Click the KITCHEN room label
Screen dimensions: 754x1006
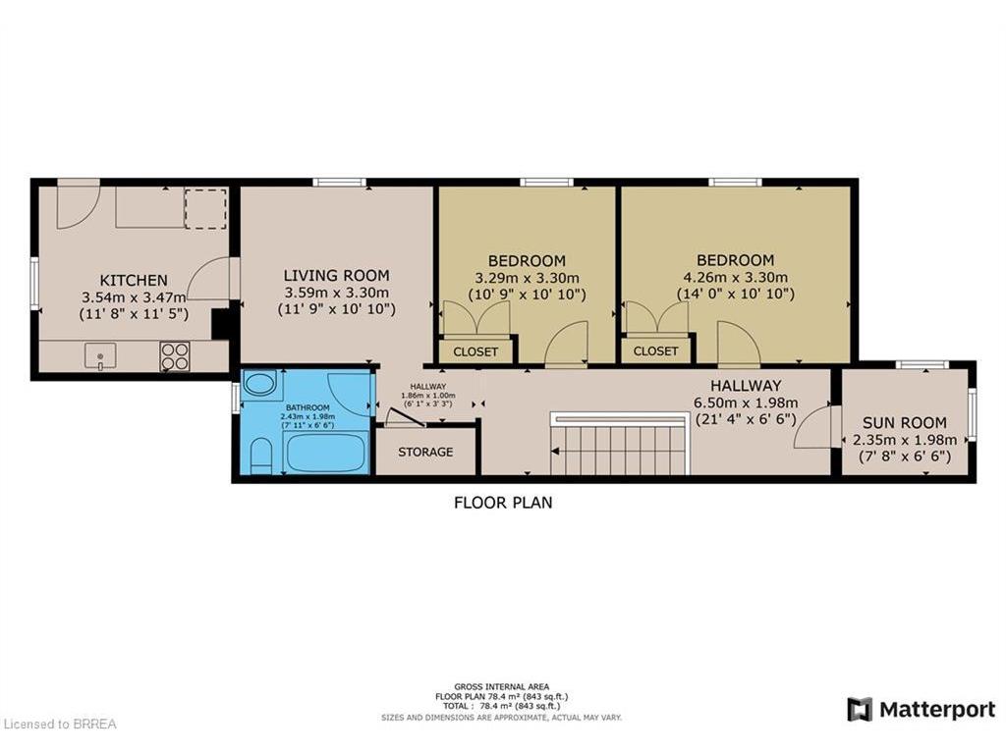134,280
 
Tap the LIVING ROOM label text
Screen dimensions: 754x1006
336,276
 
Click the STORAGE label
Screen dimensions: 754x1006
425,452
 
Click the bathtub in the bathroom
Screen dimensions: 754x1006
325,453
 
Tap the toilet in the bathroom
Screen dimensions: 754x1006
261,456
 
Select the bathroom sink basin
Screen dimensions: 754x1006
260,384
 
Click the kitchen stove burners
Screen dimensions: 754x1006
175,355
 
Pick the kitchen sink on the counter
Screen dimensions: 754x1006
99,355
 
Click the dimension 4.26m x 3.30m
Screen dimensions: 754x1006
736,277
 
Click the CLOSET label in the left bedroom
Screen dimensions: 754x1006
475,350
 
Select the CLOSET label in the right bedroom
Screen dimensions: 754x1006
655,350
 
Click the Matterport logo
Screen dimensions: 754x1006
921,709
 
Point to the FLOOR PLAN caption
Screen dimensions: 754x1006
502,503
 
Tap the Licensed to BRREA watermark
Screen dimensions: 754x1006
60,725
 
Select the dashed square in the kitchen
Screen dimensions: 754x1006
205,208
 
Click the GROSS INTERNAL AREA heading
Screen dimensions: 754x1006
502,686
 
